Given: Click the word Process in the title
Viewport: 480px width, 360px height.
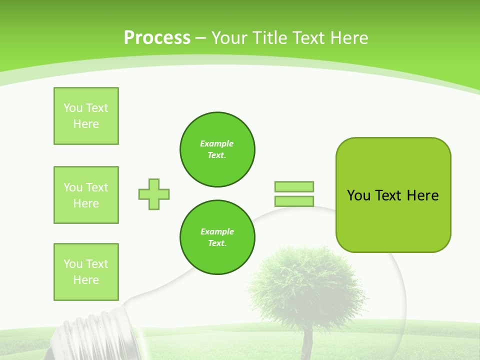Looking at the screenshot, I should (x=157, y=37).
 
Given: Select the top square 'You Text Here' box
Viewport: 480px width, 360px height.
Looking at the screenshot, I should (x=86, y=116).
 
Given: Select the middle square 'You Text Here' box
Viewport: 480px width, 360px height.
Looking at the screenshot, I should (x=86, y=195).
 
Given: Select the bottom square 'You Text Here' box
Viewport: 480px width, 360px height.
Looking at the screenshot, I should (x=86, y=272).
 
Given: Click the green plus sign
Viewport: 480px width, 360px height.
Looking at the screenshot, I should (x=154, y=194).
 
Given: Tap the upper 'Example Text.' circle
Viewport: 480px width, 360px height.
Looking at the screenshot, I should (x=217, y=149).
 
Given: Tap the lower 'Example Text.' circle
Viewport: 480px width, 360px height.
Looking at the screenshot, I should (x=217, y=237).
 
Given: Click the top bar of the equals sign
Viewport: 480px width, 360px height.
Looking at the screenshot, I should (x=294, y=186).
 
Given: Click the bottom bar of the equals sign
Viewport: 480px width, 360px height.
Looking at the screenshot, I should (x=294, y=201).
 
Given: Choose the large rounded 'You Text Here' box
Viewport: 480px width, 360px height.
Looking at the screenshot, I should (x=393, y=195).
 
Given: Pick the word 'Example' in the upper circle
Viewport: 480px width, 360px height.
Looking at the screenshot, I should (x=217, y=144).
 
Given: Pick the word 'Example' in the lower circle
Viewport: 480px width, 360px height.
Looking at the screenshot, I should (x=217, y=232).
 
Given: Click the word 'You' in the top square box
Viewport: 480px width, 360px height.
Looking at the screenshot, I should (x=73, y=108).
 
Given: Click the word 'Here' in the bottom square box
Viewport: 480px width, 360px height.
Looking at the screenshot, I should (x=86, y=280).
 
